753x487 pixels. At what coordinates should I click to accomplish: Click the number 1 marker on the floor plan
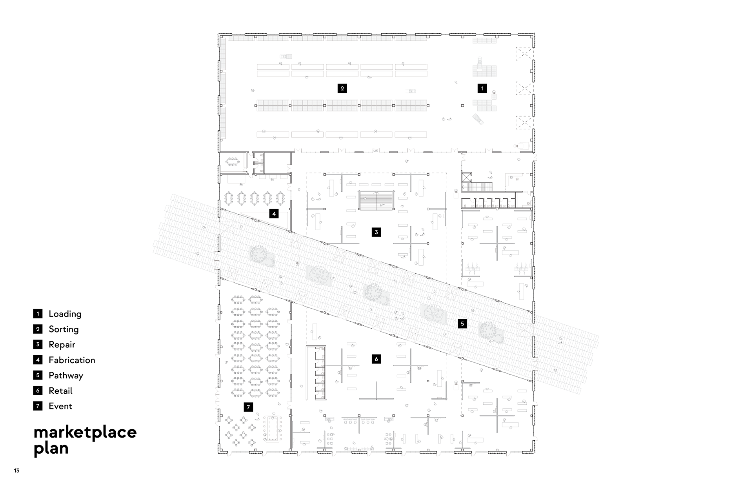point(482,88)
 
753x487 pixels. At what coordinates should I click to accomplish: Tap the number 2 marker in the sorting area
point(342,88)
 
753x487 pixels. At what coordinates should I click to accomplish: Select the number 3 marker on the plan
point(376,232)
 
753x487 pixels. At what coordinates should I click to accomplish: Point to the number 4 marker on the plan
point(274,214)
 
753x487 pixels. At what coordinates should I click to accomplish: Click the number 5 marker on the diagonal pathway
point(462,323)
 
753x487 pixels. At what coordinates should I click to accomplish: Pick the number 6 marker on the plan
point(376,359)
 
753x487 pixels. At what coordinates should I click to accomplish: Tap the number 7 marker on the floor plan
point(248,407)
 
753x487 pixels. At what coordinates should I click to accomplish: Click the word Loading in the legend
point(65,314)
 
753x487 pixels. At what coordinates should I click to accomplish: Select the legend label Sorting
point(64,329)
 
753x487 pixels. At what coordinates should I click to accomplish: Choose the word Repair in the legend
point(62,345)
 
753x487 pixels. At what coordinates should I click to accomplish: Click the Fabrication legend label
point(72,360)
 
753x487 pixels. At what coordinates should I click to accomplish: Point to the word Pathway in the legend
point(66,375)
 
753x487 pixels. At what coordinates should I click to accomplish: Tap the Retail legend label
point(60,391)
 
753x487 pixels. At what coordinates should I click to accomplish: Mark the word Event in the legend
point(60,406)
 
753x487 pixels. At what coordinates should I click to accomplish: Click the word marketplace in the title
point(85,432)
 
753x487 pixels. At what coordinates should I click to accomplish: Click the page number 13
point(16,471)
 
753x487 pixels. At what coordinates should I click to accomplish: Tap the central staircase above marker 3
point(376,200)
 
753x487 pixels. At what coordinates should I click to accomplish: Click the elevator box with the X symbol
point(466,177)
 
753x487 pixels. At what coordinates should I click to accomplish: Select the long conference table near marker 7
point(273,427)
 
